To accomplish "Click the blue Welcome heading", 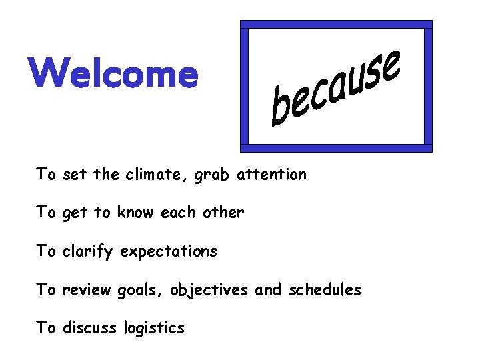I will [113, 73].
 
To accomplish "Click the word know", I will [135, 213].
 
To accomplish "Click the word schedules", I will [325, 290].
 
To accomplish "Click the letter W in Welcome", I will [49, 73].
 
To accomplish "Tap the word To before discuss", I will [46, 328].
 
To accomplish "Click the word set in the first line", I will [75, 175].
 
